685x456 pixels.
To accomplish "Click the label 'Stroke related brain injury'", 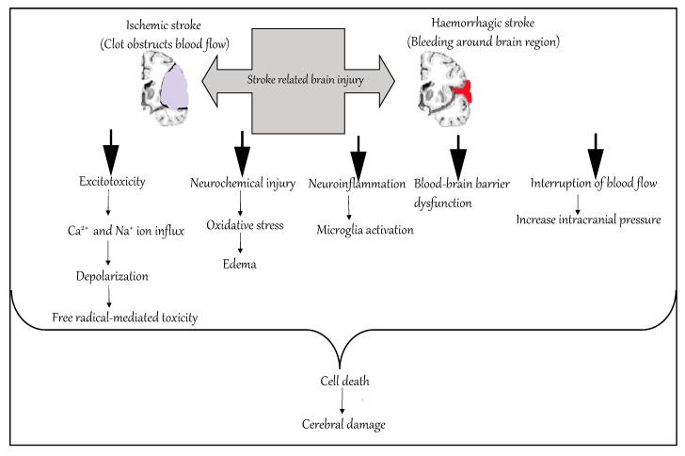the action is coord(306,80).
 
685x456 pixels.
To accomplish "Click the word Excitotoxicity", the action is coord(112,181).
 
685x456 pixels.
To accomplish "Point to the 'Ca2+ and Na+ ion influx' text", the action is coord(126,231).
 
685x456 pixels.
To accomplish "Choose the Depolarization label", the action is coord(112,277).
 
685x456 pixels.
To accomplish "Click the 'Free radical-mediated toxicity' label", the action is coord(125,318).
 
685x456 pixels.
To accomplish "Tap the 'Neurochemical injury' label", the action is coord(243,183).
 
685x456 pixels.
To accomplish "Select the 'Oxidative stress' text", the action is coord(245,225).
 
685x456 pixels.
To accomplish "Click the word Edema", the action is coord(239,265).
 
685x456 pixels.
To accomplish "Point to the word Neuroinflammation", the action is coord(357,184).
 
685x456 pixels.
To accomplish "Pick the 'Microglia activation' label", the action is coord(365,230).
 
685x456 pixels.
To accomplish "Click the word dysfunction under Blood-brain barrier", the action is coord(443,204).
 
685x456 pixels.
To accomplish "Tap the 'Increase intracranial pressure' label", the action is coord(588,220).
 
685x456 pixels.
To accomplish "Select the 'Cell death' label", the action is coord(344,381).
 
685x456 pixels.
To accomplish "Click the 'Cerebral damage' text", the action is coord(343,425).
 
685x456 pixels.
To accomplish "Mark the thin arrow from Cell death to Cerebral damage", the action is coord(342,400).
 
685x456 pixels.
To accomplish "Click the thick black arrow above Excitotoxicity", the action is coord(111,153).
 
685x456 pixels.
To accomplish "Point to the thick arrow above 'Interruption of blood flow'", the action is coord(596,156).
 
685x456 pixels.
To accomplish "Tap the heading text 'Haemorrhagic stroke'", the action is coord(483,24).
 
